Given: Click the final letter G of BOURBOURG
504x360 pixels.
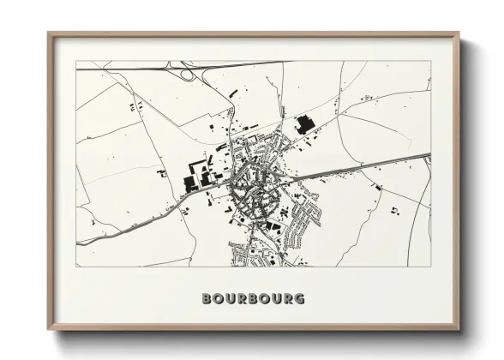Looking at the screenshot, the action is tap(299, 299).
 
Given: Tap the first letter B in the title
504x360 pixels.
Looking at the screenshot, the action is tap(206, 299).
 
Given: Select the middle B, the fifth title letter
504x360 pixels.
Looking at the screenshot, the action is tap(253, 299).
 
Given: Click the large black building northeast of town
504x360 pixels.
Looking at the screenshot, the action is tap(304, 126).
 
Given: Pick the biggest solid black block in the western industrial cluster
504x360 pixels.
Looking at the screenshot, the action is tap(191, 182).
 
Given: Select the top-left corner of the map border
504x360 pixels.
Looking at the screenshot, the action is tap(76, 61).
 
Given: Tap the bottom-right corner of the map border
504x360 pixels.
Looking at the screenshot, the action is tap(431, 267).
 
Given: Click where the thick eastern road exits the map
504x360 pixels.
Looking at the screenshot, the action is tap(430, 155).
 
